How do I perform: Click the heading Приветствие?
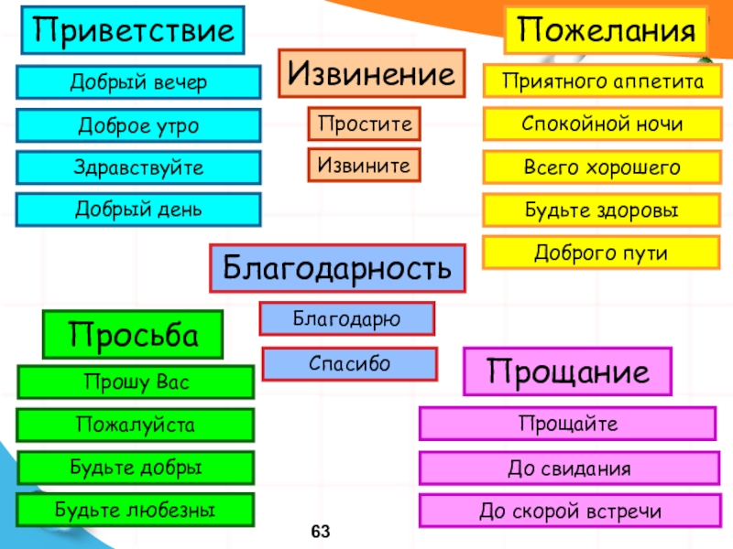click(x=134, y=30)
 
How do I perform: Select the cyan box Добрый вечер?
click(x=139, y=83)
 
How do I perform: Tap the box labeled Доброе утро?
click(x=139, y=125)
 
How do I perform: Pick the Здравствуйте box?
click(x=139, y=167)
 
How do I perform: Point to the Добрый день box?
click(x=139, y=210)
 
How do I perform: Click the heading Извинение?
click(x=371, y=73)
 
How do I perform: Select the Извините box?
click(x=364, y=166)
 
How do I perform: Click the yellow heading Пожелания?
click(x=607, y=30)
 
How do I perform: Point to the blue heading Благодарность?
click(x=338, y=267)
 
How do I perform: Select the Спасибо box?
click(x=349, y=363)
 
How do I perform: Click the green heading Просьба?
click(x=134, y=334)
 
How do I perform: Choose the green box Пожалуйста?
click(x=136, y=425)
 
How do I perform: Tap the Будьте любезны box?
click(x=136, y=510)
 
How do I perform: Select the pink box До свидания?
click(x=568, y=468)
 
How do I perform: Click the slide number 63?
click(x=320, y=533)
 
